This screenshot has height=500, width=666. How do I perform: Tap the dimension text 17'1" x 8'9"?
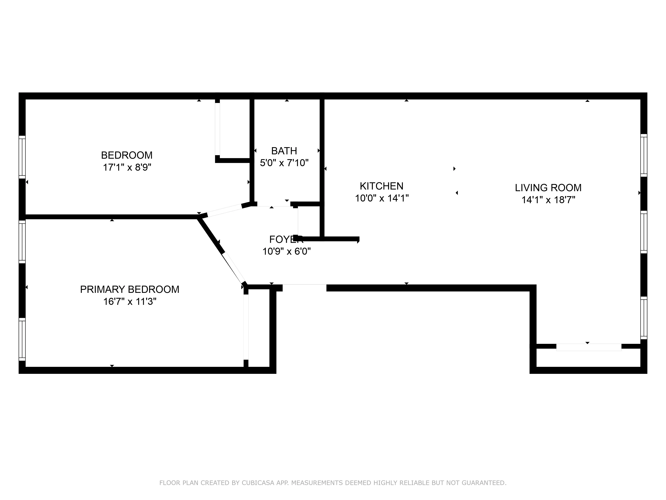127,167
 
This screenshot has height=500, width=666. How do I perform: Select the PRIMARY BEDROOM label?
130,289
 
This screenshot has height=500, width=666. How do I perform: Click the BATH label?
284,151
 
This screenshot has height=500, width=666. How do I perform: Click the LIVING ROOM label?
548,188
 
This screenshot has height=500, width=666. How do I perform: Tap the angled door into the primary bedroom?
234,268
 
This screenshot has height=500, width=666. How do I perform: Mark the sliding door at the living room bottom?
589,347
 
